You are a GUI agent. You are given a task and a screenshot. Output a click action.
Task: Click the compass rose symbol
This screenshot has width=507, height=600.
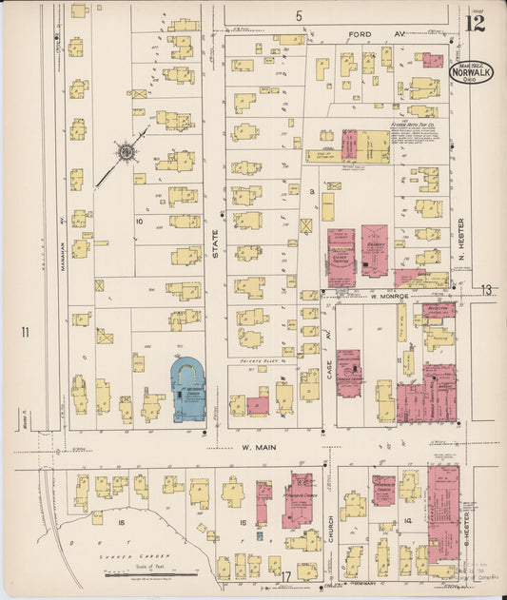125,151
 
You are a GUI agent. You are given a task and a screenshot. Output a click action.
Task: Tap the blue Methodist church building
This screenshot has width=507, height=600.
187,391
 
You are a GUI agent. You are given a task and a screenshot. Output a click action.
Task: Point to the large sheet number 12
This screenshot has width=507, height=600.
475,22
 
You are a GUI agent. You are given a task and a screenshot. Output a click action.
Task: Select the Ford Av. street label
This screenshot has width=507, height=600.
360,34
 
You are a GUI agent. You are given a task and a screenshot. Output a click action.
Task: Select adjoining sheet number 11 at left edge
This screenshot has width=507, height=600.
27,332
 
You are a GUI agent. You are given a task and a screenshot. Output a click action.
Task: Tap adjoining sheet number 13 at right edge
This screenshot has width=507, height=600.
487,289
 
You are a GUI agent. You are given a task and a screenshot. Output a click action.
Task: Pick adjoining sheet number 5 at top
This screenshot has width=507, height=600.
298,16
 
